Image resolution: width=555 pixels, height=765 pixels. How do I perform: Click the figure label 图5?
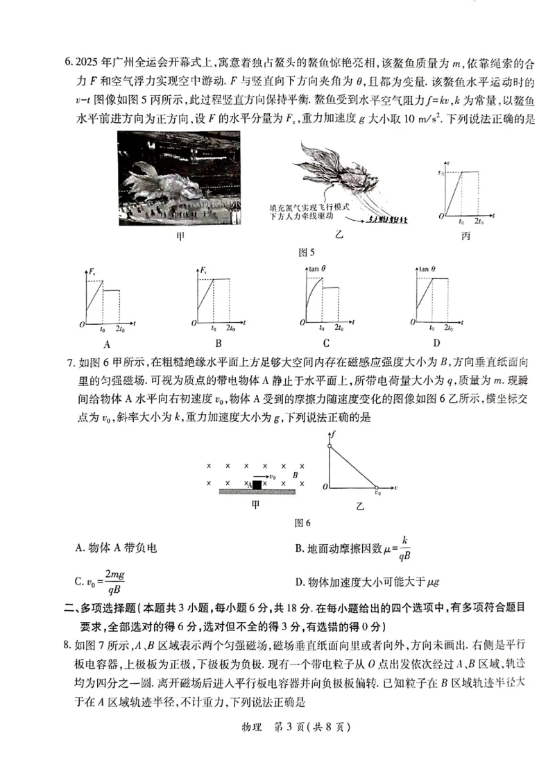tap(306, 252)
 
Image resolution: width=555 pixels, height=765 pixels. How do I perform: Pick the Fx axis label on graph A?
tap(92, 271)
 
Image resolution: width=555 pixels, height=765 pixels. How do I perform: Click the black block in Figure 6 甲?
tap(257, 484)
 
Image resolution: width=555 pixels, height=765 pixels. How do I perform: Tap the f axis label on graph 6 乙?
tap(334, 433)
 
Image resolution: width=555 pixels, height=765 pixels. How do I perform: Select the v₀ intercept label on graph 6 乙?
tap(377, 494)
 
